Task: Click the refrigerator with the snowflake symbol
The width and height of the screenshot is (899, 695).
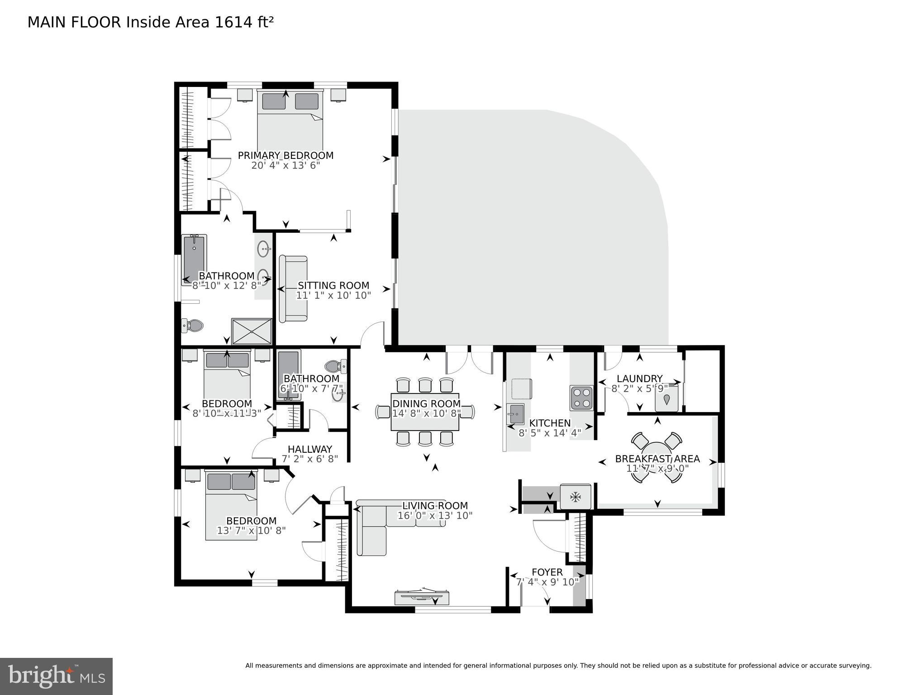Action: [x=575, y=497]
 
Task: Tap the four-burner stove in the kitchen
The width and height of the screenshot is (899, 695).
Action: [x=581, y=398]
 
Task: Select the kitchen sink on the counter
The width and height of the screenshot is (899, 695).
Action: [x=515, y=413]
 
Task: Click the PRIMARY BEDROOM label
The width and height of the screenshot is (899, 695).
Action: [x=285, y=156]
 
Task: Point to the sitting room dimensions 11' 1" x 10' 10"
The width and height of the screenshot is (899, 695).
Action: [x=333, y=296]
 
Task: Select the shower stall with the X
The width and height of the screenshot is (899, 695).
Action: [x=252, y=331]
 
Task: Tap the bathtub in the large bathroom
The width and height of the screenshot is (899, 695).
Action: [x=194, y=259]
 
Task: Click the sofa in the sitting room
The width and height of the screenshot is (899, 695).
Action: [x=293, y=289]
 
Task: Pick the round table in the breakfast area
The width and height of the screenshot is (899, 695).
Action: [x=657, y=457]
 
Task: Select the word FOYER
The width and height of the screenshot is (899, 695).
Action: [x=547, y=572]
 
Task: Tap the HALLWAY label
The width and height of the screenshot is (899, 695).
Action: [x=310, y=449]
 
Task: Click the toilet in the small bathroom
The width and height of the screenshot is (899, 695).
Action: [x=335, y=366]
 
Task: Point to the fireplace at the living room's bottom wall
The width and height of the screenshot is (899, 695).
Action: [x=422, y=597]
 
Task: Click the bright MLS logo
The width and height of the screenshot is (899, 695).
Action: [x=56, y=676]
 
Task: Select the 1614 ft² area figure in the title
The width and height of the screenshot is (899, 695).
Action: [x=244, y=22]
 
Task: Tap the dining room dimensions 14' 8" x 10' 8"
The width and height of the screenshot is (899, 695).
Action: [x=426, y=413]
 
